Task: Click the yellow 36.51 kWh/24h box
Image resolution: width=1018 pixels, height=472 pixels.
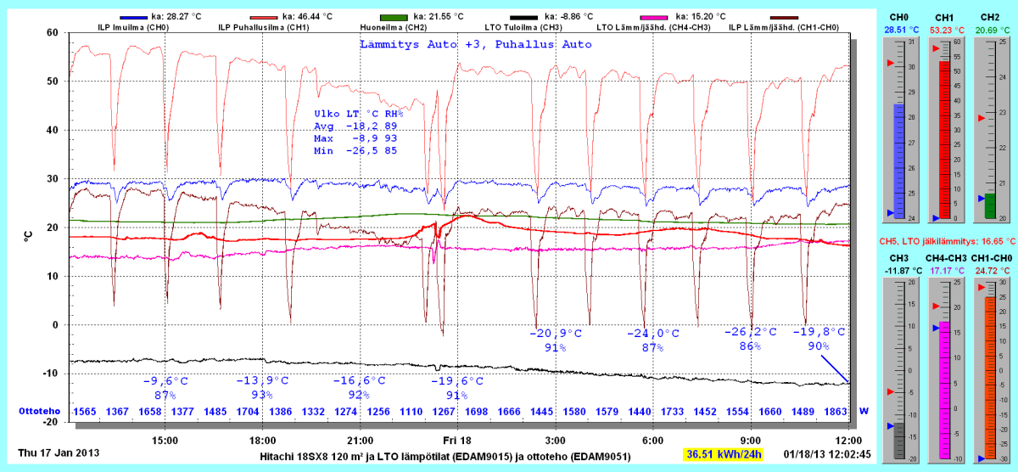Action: [724, 455]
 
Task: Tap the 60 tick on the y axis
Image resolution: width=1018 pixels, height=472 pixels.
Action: [52, 32]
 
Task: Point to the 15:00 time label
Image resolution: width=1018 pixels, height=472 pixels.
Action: [165, 441]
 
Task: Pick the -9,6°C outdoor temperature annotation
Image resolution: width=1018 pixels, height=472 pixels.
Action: [165, 381]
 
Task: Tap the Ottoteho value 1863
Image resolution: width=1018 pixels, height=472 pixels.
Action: [835, 412]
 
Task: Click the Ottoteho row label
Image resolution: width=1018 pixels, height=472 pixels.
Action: [38, 412]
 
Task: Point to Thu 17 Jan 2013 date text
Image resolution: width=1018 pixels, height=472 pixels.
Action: [59, 452]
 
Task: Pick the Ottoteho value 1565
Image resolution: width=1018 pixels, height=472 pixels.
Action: [85, 412]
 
